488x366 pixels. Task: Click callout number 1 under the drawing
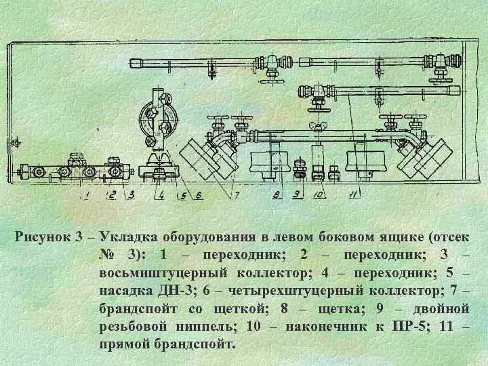[87, 196]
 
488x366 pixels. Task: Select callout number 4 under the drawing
[161, 196]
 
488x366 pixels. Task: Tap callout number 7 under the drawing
[237, 196]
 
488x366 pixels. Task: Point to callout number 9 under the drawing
[296, 196]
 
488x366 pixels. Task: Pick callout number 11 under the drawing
[352, 196]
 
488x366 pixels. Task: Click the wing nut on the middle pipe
[317, 127]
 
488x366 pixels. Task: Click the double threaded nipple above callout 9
[300, 170]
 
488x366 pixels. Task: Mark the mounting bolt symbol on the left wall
[16, 143]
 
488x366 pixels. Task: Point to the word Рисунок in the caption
[43, 237]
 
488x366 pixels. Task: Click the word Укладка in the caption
[127, 237]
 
